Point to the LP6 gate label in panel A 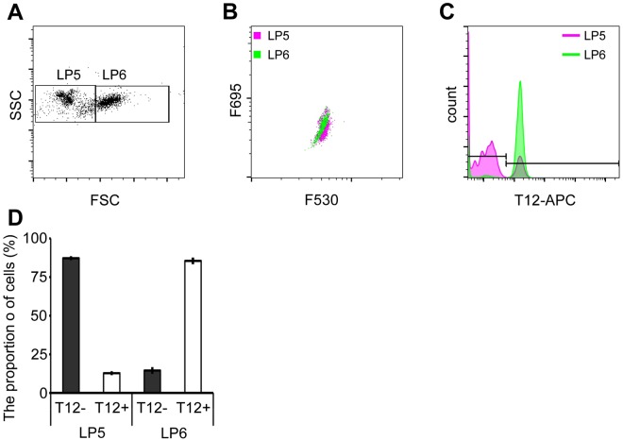113,76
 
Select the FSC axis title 101,199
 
